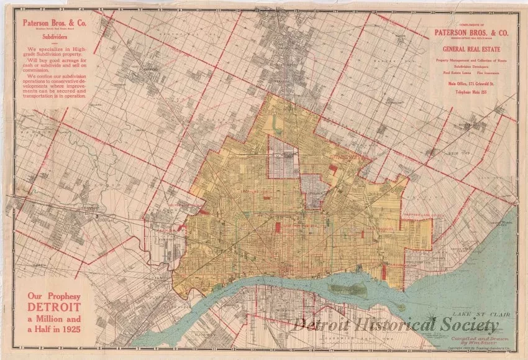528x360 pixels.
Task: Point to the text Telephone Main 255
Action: pos(467,91)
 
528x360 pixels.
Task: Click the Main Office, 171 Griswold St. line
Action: pos(467,82)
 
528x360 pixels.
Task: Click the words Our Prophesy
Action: pos(52,295)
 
